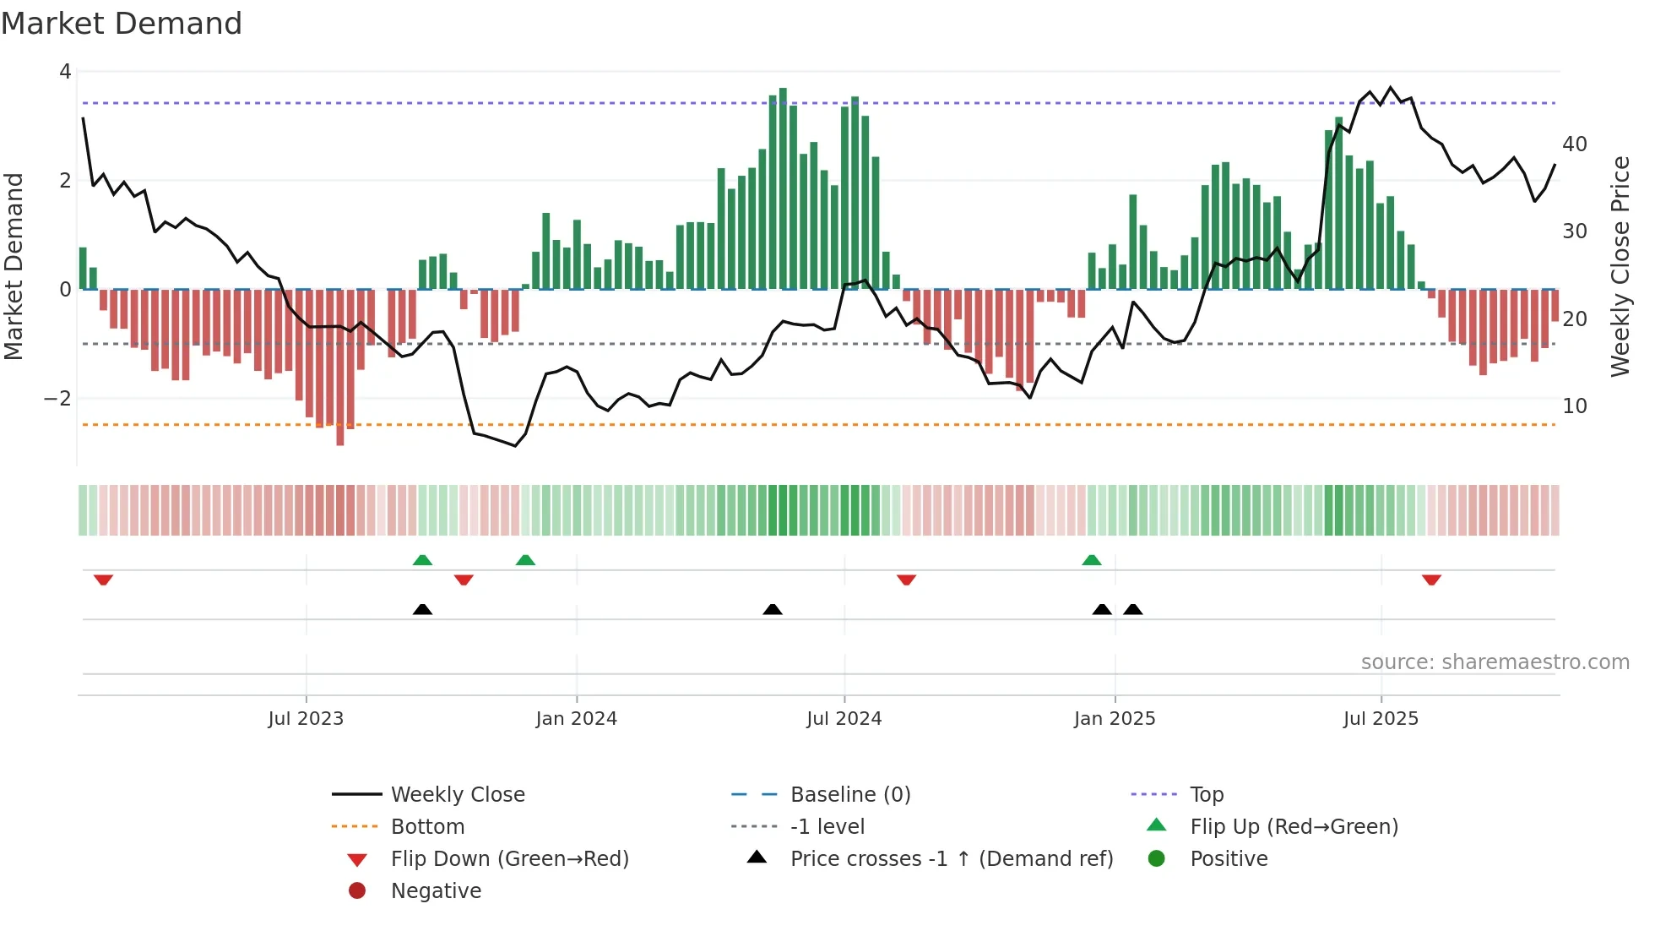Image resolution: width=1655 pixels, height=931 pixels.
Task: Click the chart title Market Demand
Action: tap(122, 24)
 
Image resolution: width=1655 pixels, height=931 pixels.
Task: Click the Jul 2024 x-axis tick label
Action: tap(844, 719)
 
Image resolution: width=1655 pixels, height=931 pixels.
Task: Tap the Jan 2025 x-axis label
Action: tap(1114, 719)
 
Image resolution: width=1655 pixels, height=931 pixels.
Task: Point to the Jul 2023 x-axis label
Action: tap(306, 719)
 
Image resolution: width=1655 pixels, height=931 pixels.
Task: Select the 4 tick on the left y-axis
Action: tap(65, 72)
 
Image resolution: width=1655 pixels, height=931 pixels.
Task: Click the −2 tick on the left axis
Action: tap(57, 399)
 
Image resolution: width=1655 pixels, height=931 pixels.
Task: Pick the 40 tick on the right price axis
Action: tap(1574, 144)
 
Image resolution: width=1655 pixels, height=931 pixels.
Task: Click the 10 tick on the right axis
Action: tap(1574, 406)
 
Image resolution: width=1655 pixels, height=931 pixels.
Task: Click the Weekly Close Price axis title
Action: tap(1620, 266)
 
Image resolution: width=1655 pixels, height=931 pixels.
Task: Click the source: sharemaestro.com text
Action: tap(1495, 662)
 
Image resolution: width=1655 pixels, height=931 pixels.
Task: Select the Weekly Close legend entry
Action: tap(457, 795)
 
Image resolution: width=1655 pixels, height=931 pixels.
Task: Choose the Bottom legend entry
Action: tap(427, 827)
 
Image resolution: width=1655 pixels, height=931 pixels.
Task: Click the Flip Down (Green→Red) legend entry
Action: tap(509, 859)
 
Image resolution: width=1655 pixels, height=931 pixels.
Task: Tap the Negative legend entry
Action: tap(436, 891)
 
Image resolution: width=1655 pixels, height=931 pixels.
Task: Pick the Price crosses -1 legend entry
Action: tap(951, 859)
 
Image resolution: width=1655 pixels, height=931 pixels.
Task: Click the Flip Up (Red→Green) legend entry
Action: tap(1294, 827)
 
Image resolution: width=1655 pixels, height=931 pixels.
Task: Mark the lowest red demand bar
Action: tap(340, 367)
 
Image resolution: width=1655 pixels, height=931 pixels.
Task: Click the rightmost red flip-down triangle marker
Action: tap(1431, 580)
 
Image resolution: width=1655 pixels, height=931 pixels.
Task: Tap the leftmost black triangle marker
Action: tap(422, 609)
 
